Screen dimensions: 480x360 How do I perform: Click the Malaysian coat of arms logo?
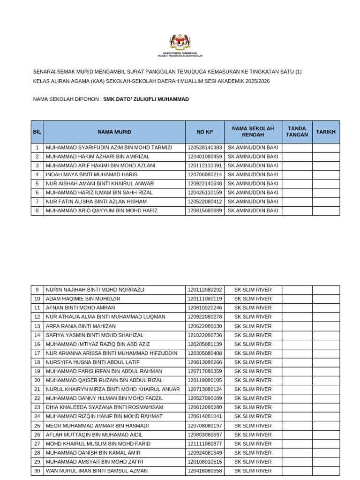180,42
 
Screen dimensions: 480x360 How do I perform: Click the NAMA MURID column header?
114,132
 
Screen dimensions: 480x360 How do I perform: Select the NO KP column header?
204,132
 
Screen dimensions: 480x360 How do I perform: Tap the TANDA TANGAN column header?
297,132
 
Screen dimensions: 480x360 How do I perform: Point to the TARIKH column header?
326,132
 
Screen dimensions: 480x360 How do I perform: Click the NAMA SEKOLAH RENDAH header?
253,132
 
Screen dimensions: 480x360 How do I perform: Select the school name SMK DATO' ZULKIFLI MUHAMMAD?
146,99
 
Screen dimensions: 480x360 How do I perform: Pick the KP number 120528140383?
204,148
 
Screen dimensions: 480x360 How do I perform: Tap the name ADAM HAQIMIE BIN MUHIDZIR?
83,299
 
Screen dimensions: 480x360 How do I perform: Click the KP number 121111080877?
204,443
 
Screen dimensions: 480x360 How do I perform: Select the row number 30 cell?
37,471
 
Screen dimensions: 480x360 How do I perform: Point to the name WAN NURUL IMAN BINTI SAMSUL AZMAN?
97,471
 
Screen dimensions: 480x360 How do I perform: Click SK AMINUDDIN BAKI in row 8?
253,211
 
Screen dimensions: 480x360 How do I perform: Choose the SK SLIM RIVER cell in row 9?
253,290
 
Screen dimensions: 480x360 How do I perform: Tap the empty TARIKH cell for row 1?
326,148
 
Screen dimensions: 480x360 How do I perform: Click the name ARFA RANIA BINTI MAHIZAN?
81,326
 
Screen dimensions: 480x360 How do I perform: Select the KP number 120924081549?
204,453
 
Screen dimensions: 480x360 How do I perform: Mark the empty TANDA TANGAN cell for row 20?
297,380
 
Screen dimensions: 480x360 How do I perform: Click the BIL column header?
37,132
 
